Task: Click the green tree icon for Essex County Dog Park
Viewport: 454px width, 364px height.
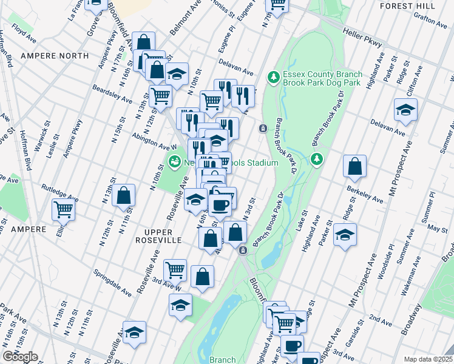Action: click(x=274, y=77)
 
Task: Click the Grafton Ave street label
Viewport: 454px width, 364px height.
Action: click(x=432, y=21)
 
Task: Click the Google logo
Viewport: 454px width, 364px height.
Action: click(x=20, y=357)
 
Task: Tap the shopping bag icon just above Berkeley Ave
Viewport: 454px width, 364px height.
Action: click(x=354, y=166)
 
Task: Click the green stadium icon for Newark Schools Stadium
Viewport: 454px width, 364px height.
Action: click(x=174, y=162)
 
